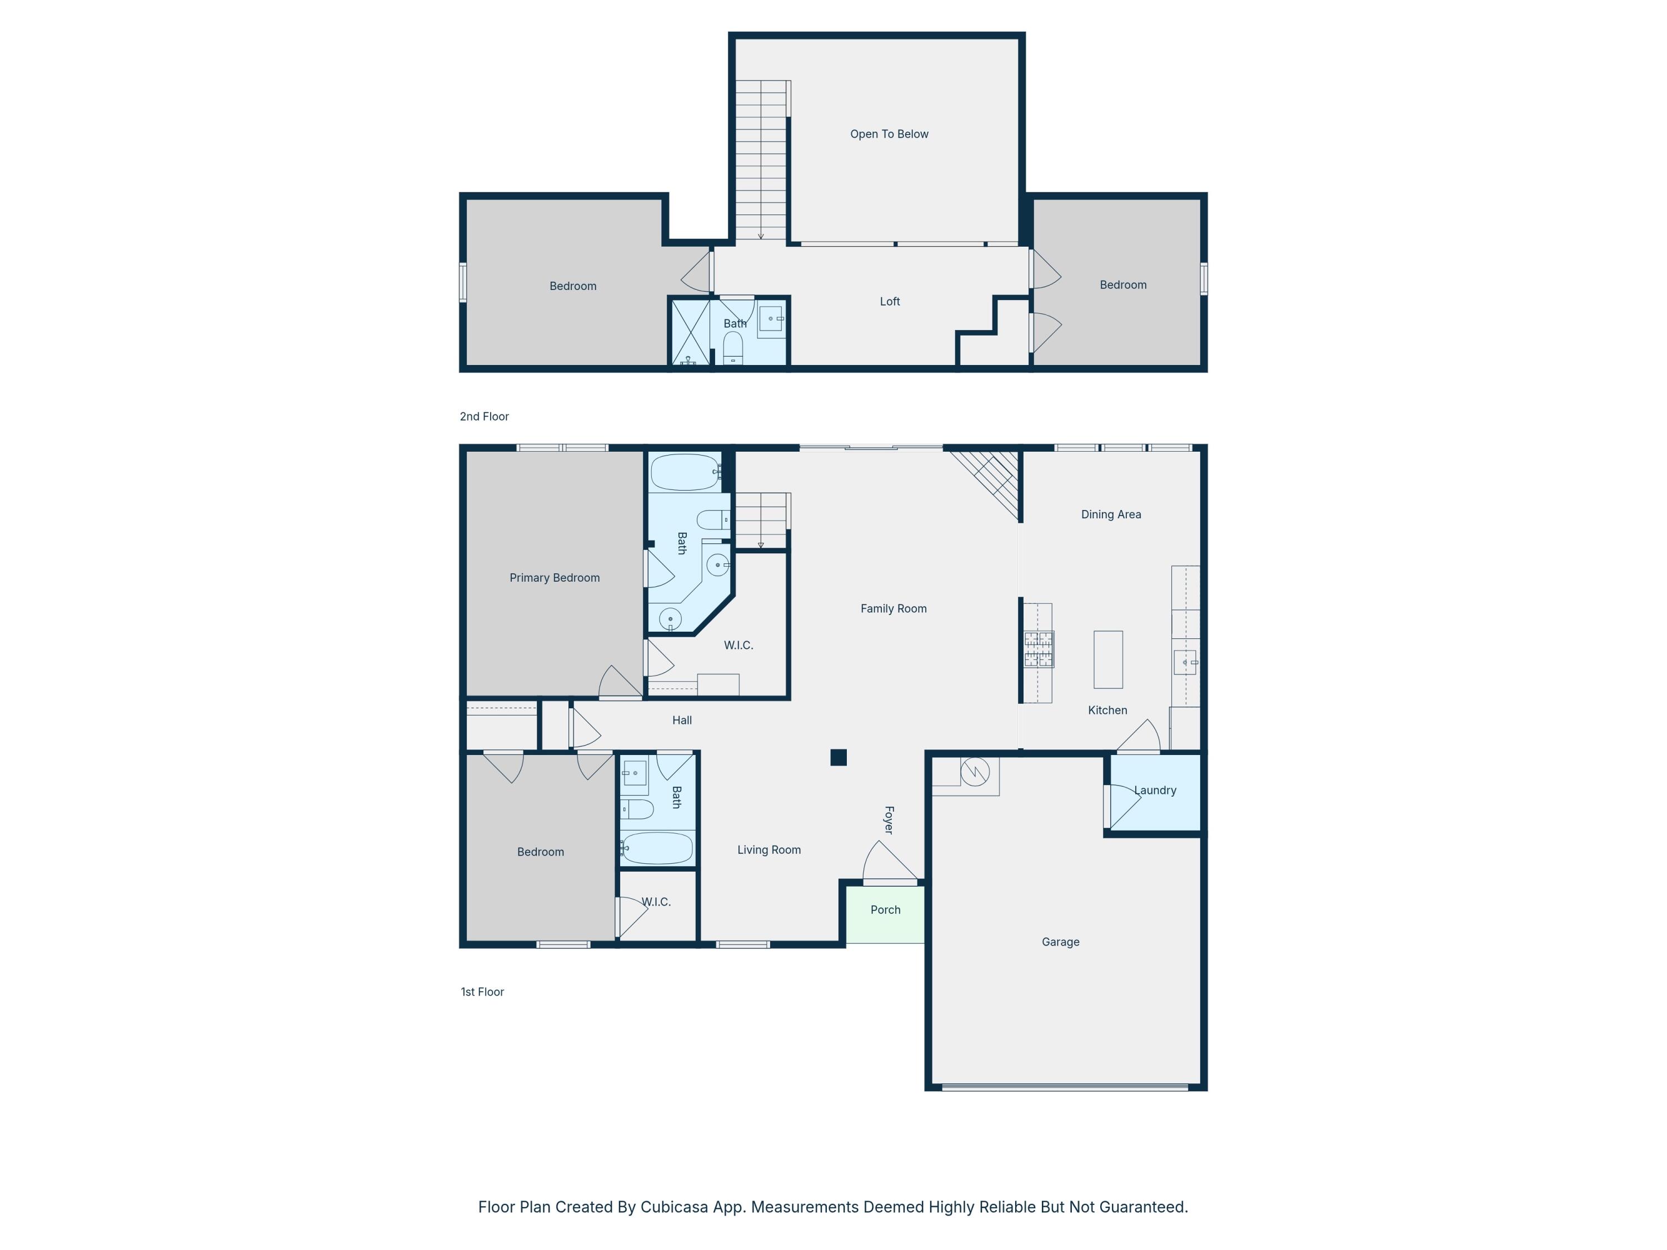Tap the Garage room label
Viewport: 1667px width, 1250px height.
[x=1060, y=942]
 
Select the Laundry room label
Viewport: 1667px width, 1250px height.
[x=1155, y=791]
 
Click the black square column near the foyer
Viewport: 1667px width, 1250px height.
[x=838, y=757]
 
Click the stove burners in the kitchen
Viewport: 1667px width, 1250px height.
[x=1038, y=649]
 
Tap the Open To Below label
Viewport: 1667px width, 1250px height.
[x=889, y=134]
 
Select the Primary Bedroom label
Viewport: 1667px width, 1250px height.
[x=554, y=578]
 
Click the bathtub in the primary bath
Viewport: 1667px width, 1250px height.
[x=684, y=472]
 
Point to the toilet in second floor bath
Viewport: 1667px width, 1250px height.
[x=732, y=349]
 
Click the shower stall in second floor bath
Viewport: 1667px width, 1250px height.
[x=690, y=332]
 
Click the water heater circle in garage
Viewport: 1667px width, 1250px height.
[x=975, y=772]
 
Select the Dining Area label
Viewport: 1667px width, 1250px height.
[x=1110, y=514]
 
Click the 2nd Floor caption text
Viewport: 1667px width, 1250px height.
[x=484, y=417]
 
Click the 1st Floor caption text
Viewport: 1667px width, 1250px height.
[x=482, y=992]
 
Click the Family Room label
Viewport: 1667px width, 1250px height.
[x=893, y=609]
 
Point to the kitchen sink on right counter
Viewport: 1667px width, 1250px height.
[x=1185, y=662]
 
